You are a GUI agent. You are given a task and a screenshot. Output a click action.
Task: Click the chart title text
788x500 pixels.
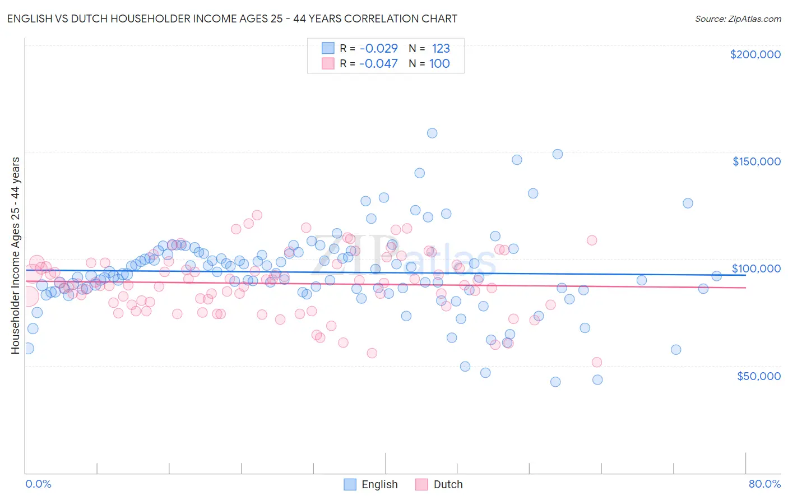click(232, 18)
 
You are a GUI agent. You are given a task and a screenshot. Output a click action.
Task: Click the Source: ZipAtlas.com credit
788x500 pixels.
click(738, 18)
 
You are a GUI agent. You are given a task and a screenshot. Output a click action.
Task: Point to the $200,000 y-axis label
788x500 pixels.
click(755, 54)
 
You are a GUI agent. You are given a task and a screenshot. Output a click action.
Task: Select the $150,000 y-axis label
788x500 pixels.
click(756, 161)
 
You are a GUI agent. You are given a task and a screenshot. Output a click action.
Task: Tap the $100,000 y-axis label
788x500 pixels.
click(756, 268)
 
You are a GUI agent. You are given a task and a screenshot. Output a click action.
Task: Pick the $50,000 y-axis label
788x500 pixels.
click(758, 376)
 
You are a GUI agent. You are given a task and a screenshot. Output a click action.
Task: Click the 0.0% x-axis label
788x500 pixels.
click(38, 484)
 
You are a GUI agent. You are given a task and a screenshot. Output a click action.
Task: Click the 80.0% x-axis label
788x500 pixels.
click(764, 484)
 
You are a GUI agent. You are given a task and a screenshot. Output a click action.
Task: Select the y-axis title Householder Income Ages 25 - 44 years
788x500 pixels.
click(15, 256)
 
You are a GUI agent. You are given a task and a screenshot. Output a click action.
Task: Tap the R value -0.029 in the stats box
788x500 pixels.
click(378, 48)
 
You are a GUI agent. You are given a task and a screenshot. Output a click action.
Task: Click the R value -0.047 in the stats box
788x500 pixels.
click(378, 63)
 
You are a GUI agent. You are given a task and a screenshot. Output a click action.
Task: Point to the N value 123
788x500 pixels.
click(441, 48)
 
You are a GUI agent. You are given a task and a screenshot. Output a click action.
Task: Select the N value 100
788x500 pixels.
click(439, 63)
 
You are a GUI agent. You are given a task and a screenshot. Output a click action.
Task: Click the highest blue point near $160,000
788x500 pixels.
click(432, 133)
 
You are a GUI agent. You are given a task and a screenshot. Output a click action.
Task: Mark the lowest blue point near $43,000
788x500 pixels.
click(555, 382)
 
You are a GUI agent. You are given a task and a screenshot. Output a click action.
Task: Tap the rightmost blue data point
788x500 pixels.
click(716, 276)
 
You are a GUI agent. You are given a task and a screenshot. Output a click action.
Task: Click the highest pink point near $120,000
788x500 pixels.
click(257, 215)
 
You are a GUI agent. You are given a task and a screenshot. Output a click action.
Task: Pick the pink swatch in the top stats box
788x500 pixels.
click(328, 63)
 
